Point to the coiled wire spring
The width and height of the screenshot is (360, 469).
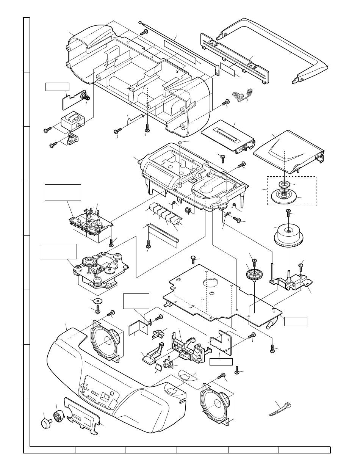[x=243, y=95]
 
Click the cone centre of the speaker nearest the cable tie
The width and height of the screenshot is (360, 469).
[x=214, y=403]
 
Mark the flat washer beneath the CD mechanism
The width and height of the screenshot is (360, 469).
[x=97, y=301]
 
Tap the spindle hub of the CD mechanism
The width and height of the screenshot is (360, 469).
[x=90, y=260]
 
